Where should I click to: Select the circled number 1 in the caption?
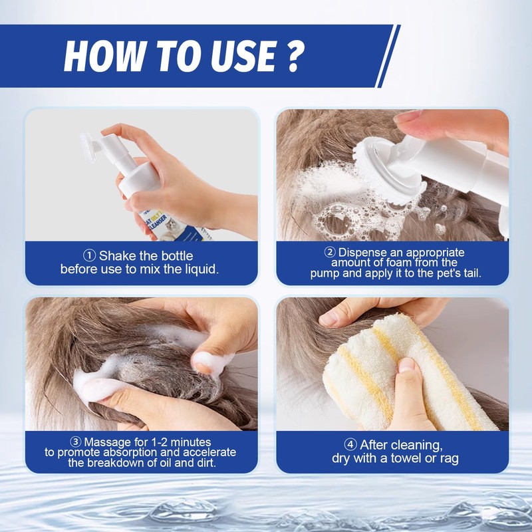click(89, 256)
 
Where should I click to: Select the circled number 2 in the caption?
click(329, 253)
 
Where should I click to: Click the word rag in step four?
click(450, 458)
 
